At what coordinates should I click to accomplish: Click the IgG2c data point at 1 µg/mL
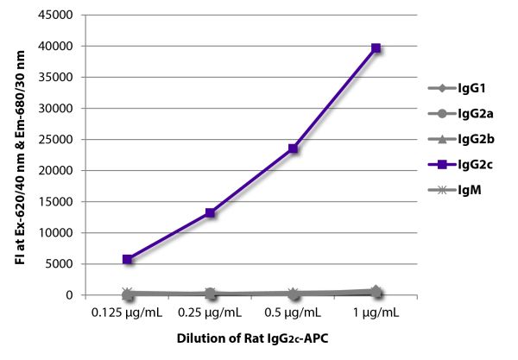[x=376, y=48]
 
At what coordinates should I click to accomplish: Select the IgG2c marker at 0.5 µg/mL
[x=294, y=148]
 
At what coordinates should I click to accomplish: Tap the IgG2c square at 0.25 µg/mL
[x=210, y=212]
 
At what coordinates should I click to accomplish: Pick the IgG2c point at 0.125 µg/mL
[x=128, y=259]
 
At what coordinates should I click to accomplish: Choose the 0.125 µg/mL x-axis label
[x=128, y=311]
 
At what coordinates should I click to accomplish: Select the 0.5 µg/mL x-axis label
[x=294, y=311]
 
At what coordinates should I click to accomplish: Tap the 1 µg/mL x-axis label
[x=376, y=311]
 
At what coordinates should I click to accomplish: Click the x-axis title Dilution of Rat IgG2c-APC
[x=252, y=339]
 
